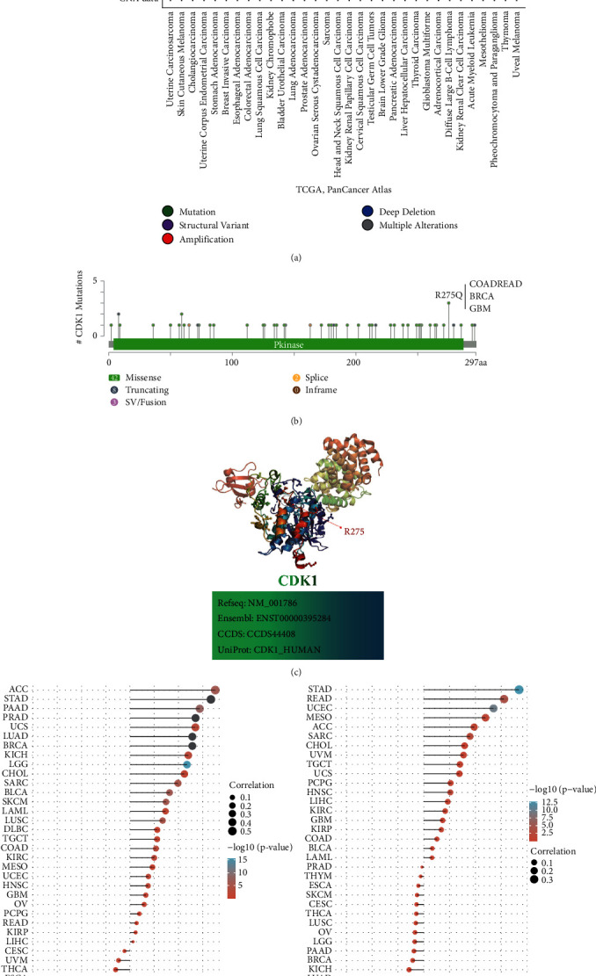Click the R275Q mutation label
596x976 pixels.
click(433, 296)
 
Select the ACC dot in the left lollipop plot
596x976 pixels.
click(215, 690)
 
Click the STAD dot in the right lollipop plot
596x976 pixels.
click(520, 690)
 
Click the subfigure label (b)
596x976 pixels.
click(296, 421)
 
